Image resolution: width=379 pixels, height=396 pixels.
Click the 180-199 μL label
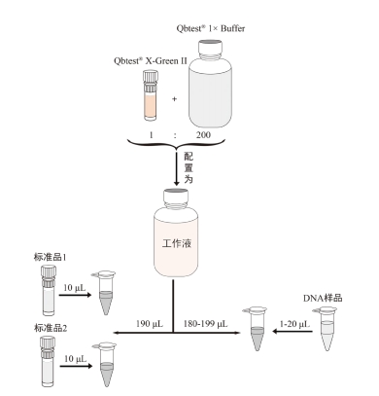pyautogui.click(x=207, y=320)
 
